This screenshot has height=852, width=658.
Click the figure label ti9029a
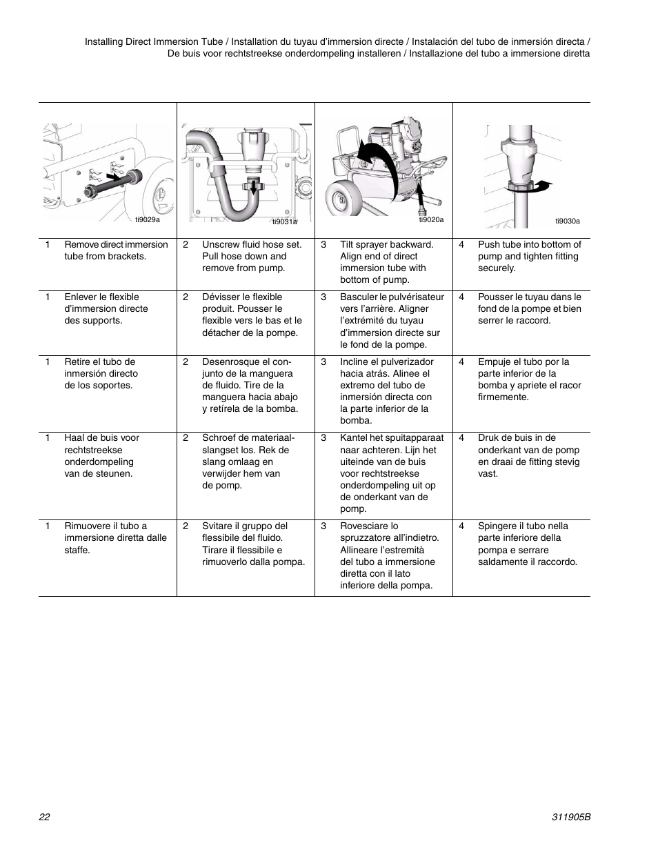click(147, 219)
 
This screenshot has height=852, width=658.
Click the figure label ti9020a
click(431, 219)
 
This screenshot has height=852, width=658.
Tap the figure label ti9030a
click(568, 221)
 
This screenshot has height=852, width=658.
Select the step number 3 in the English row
click(323, 244)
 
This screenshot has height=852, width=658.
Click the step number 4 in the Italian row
click(461, 526)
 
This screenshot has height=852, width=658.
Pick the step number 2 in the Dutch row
click(186, 437)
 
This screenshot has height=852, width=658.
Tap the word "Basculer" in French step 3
click(359, 297)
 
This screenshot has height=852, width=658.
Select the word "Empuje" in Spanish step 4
click(494, 361)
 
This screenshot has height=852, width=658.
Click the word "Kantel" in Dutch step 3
click(355, 437)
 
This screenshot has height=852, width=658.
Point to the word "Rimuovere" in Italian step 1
click(88, 526)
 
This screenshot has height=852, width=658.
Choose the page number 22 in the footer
click(44, 816)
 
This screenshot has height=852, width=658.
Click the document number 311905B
click(572, 816)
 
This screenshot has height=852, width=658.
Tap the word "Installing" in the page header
click(107, 41)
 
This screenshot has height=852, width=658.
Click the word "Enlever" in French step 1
click(82, 297)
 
